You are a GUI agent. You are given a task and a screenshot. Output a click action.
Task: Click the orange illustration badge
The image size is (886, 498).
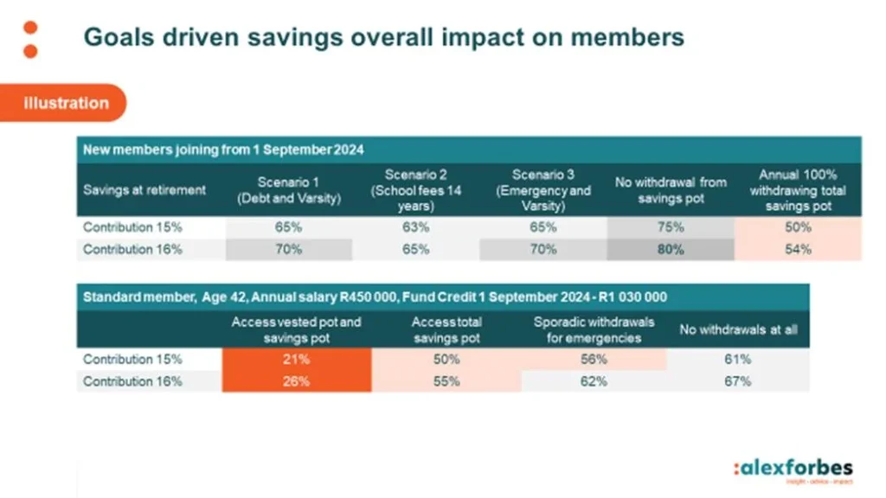[x=66, y=103]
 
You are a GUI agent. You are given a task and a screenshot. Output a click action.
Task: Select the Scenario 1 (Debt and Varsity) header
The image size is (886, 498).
[x=289, y=189]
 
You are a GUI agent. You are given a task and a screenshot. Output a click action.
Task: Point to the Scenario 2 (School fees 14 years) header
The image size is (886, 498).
[x=416, y=189]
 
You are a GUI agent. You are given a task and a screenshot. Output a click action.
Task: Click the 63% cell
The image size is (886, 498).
[x=416, y=227]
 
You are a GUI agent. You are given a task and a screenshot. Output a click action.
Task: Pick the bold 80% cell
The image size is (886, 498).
[x=671, y=249]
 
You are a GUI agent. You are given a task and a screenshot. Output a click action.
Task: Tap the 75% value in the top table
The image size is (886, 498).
[x=671, y=227]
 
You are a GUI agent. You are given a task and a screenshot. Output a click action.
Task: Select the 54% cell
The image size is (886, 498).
[x=798, y=249]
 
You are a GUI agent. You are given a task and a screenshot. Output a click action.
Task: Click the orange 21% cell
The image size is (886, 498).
[x=296, y=359]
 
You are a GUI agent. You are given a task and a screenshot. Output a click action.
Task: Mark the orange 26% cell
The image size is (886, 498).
[x=296, y=380]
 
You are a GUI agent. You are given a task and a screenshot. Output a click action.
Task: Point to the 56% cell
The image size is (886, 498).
[x=594, y=359]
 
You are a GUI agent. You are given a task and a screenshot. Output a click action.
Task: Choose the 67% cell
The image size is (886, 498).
[x=738, y=380]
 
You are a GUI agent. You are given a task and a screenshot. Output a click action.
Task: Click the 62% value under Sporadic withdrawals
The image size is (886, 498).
[x=594, y=380]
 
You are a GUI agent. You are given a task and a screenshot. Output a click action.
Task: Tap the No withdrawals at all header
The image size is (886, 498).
[x=738, y=329]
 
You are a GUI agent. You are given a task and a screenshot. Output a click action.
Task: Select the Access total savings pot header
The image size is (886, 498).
[x=446, y=329]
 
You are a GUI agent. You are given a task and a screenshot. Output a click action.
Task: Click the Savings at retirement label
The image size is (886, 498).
[x=144, y=190]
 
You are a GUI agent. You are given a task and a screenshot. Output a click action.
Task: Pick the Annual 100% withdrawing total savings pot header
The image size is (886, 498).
[x=798, y=190]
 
